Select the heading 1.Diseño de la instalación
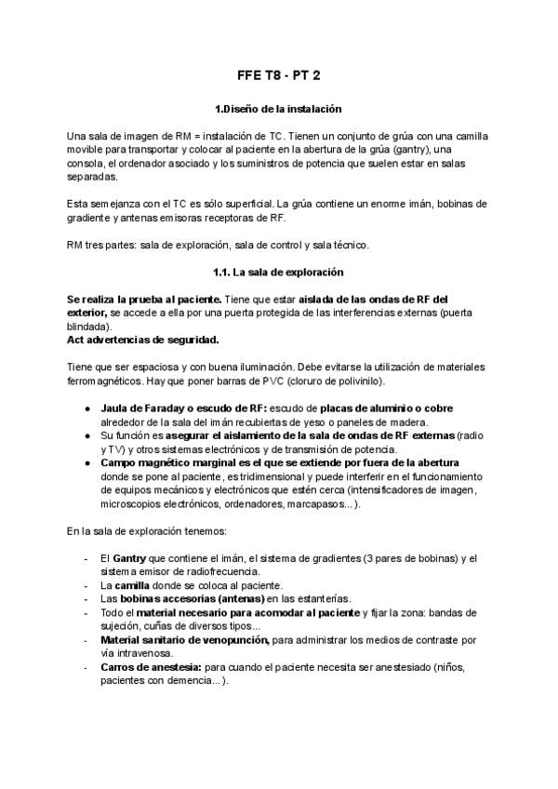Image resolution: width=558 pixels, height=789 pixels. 278,110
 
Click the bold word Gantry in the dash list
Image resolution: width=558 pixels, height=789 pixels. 129,558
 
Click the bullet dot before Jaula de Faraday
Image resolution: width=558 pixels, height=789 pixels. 86,408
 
